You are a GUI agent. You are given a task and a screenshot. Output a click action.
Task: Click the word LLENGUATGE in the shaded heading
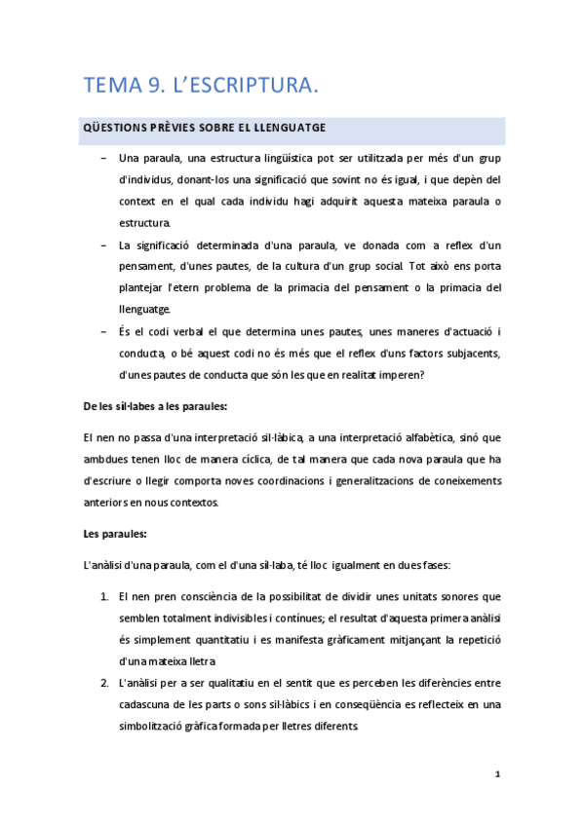(288, 129)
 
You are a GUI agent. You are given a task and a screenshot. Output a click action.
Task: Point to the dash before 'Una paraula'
(103, 158)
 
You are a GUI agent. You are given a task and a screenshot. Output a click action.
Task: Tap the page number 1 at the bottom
(497, 774)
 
